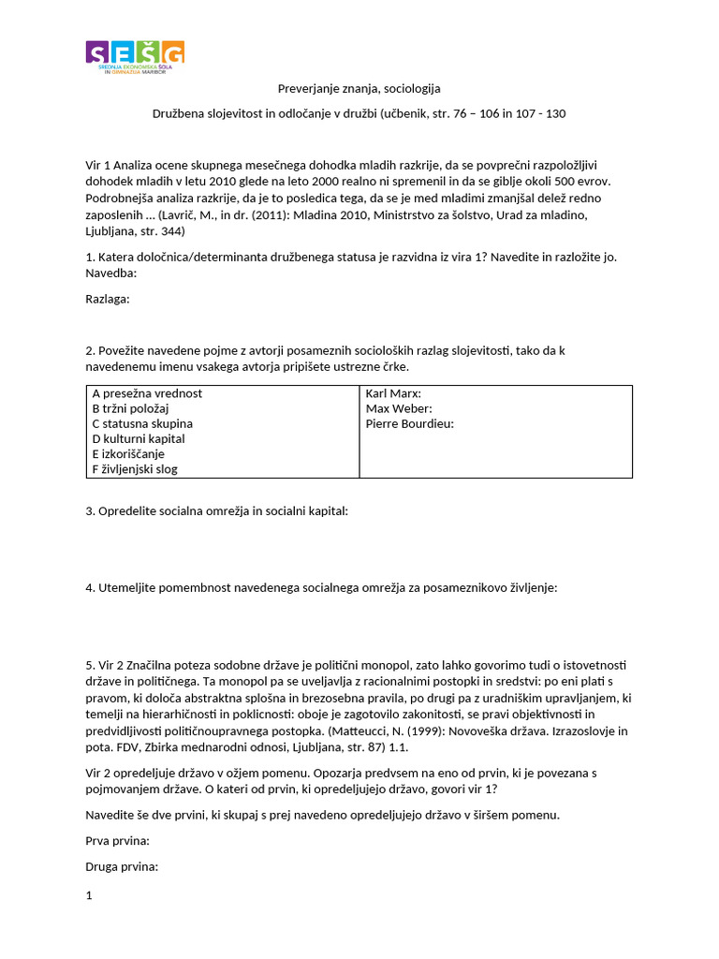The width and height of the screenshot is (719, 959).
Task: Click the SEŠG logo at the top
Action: click(x=135, y=57)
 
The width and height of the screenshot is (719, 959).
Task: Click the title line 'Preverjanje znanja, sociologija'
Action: click(x=359, y=89)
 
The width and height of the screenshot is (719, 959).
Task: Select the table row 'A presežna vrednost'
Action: click(x=147, y=393)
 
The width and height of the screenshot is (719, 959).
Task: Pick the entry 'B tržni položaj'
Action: click(x=130, y=408)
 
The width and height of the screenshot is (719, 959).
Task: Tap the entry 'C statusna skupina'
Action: click(x=142, y=423)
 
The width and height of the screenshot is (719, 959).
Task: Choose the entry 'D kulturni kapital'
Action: click(x=139, y=438)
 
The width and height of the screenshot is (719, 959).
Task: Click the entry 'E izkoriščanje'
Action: click(x=130, y=453)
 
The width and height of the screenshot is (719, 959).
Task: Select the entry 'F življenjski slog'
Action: click(x=135, y=468)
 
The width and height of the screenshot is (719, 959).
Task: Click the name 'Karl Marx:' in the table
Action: click(x=393, y=393)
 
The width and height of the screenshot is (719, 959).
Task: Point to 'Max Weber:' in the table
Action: click(x=398, y=408)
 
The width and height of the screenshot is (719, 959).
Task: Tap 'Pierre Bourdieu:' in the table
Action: click(x=409, y=423)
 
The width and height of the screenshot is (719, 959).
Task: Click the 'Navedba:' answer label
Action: click(x=111, y=273)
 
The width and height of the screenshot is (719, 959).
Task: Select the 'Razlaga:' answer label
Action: click(x=108, y=299)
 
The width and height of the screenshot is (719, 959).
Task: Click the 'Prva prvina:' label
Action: click(x=117, y=841)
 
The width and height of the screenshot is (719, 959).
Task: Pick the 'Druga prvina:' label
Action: click(x=122, y=866)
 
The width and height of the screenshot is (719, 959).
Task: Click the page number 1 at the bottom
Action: click(x=89, y=895)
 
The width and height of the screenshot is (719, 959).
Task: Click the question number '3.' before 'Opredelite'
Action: click(x=91, y=510)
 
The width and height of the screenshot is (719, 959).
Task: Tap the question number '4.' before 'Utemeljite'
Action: click(x=91, y=587)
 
